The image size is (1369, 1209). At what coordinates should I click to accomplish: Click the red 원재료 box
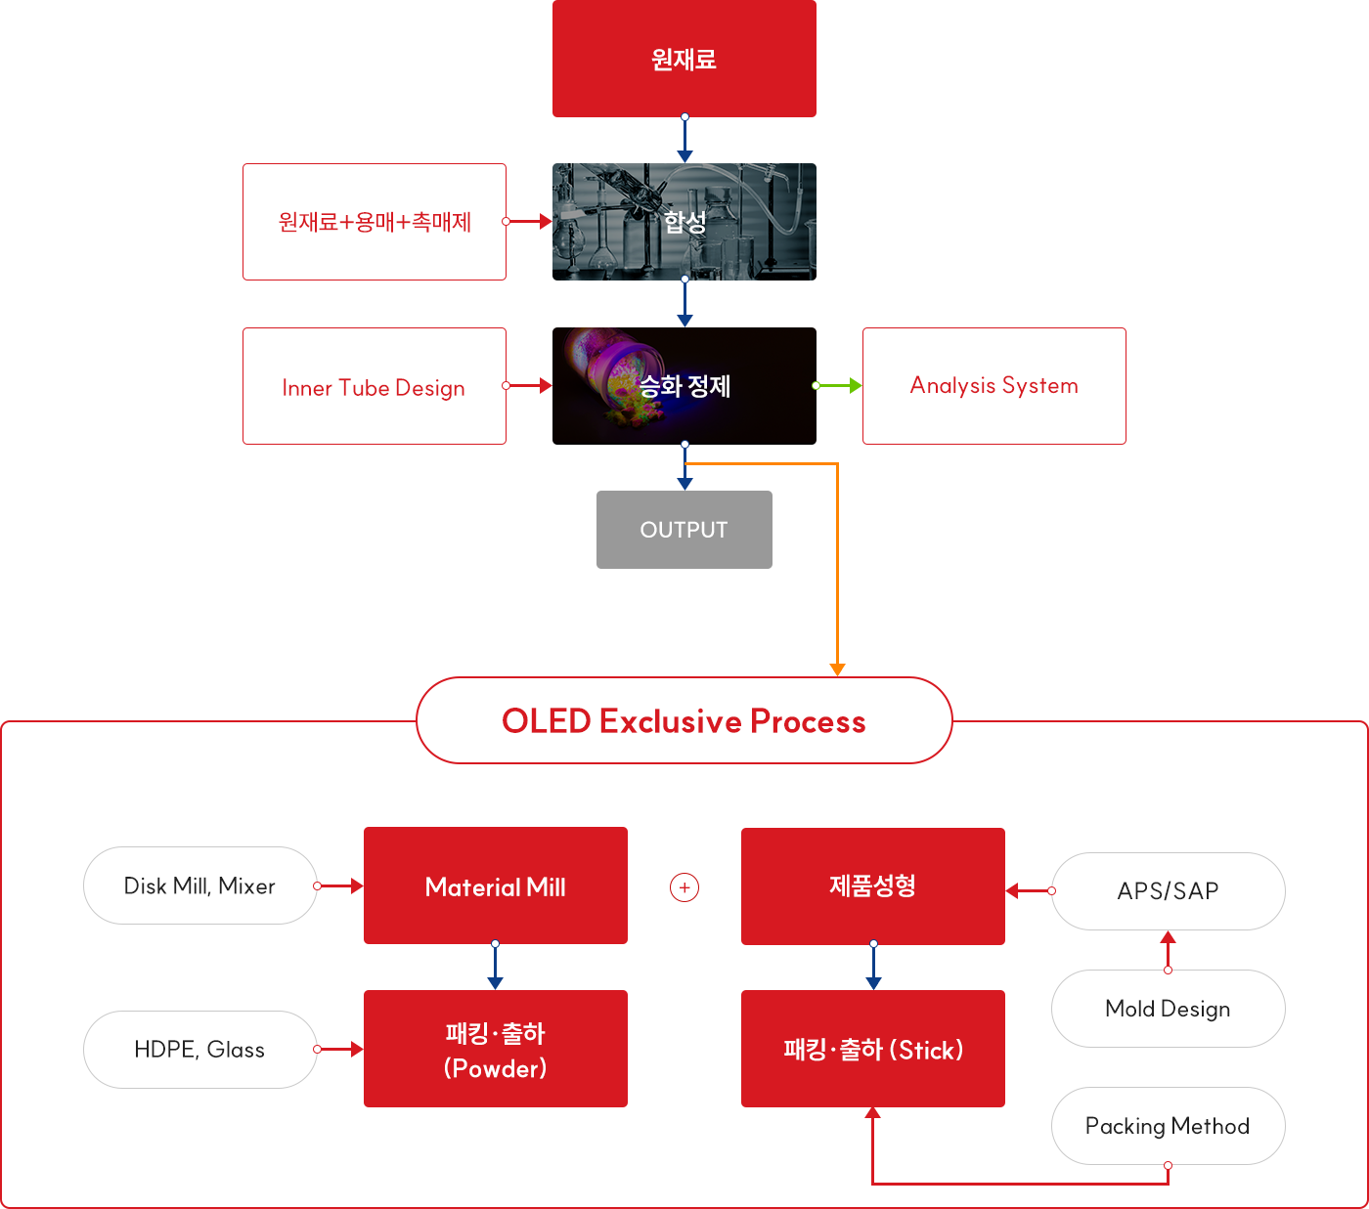tap(684, 59)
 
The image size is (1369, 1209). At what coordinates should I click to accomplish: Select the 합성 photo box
tap(684, 222)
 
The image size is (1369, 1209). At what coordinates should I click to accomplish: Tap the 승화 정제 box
tap(684, 386)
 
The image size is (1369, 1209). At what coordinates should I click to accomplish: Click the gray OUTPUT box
tap(684, 530)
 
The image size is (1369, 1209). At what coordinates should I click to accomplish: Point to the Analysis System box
tap(994, 386)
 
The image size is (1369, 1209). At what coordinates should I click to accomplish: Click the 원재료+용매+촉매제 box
tap(374, 222)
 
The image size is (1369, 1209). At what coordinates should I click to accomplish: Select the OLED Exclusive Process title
tap(684, 721)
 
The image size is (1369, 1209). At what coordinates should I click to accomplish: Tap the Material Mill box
tap(495, 885)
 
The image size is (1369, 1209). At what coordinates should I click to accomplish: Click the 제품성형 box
tap(872, 885)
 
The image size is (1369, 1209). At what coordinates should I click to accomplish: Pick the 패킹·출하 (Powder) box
tap(495, 1049)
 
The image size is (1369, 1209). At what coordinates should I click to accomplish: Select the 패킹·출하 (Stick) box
tap(872, 1049)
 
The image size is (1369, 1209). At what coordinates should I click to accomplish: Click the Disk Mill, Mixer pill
tap(199, 885)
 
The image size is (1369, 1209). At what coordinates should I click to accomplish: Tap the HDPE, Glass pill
tap(199, 1050)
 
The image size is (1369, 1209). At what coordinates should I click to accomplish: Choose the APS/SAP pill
tap(1168, 891)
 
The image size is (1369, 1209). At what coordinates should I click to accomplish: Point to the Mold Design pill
tap(1168, 1009)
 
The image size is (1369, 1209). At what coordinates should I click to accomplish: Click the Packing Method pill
tap(1168, 1126)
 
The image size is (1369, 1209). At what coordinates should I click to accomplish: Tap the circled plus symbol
tap(684, 887)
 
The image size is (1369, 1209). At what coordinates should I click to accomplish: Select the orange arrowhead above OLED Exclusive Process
tap(837, 669)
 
